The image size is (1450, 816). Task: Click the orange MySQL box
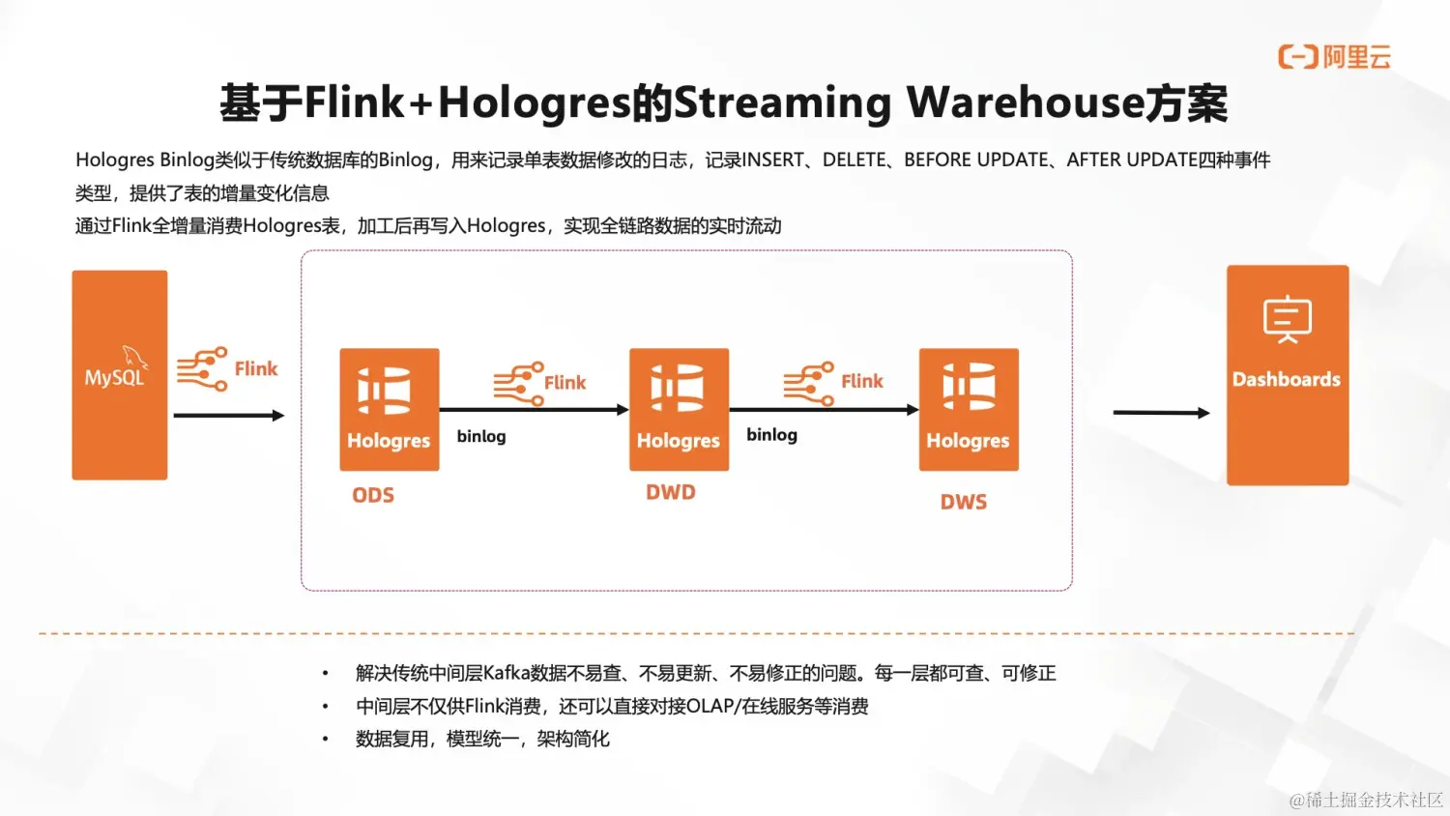pyautogui.click(x=120, y=375)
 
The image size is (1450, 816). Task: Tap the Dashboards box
pyautogui.click(x=1287, y=375)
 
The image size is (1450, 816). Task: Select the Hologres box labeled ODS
pyautogui.click(x=390, y=410)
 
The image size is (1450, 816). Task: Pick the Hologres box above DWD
pyautogui.click(x=679, y=410)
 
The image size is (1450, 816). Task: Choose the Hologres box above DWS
pyautogui.click(x=969, y=410)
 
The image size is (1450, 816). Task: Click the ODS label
pyautogui.click(x=373, y=495)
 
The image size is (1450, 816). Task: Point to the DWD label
pyautogui.click(x=671, y=492)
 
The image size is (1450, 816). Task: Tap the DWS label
pyautogui.click(x=964, y=502)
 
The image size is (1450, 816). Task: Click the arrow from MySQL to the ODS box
pyautogui.click(x=229, y=416)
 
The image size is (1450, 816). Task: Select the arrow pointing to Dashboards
pyautogui.click(x=1161, y=413)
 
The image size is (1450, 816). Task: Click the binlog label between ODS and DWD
pyautogui.click(x=481, y=436)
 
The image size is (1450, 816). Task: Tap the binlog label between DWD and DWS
pyautogui.click(x=771, y=435)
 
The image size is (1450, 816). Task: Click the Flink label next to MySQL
pyautogui.click(x=256, y=369)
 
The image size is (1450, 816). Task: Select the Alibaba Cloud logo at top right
pyautogui.click(x=1334, y=57)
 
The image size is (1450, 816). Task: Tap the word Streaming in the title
pyautogui.click(x=782, y=102)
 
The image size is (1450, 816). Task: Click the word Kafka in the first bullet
pyautogui.click(x=507, y=673)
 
